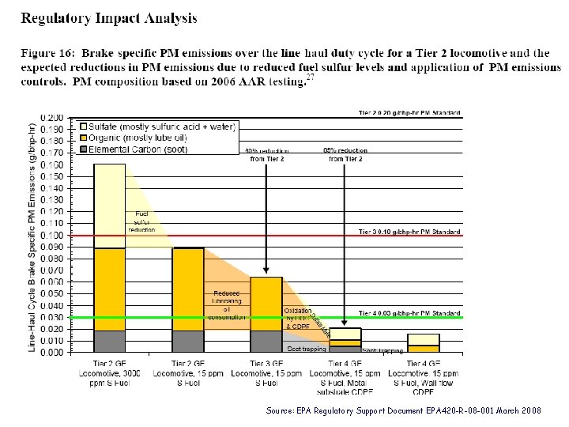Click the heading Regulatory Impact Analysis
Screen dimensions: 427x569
pyautogui.click(x=109, y=17)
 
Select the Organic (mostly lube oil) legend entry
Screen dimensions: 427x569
pyautogui.click(x=142, y=138)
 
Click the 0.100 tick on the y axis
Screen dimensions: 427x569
pyautogui.click(x=53, y=235)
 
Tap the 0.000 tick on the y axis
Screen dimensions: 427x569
pyautogui.click(x=53, y=352)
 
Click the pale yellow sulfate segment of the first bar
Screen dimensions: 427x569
pyautogui.click(x=110, y=206)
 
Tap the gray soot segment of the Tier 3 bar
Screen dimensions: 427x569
pyautogui.click(x=266, y=341)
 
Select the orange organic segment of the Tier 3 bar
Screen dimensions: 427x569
pyautogui.click(x=266, y=304)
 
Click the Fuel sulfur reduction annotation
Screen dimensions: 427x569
pyautogui.click(x=141, y=221)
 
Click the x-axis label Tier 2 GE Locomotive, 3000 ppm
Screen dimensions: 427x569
pyautogui.click(x=110, y=375)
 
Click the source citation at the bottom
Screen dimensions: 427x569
pyautogui.click(x=404, y=411)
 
